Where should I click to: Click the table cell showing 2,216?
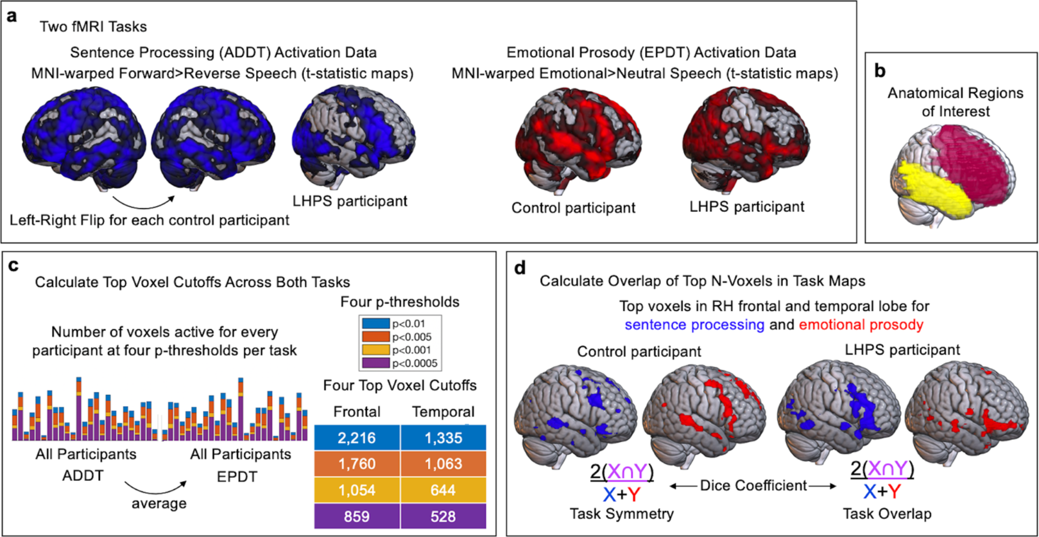click(x=357, y=438)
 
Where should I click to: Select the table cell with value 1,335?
click(x=443, y=438)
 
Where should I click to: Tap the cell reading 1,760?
click(x=357, y=464)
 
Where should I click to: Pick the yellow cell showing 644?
click(x=443, y=490)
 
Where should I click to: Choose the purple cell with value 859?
click(x=357, y=516)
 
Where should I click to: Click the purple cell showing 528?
click(x=443, y=516)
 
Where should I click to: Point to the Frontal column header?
click(x=357, y=411)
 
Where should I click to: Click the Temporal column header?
click(x=443, y=411)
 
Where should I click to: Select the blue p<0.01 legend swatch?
click(x=376, y=324)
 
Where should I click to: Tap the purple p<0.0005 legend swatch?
click(x=376, y=363)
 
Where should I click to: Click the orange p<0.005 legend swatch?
click(x=376, y=337)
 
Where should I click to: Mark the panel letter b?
click(x=880, y=71)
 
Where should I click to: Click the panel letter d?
click(x=519, y=268)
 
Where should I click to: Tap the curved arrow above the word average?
click(x=155, y=488)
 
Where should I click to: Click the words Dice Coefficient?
click(x=753, y=486)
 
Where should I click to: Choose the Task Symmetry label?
click(x=621, y=514)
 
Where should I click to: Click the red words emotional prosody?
click(x=861, y=325)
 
